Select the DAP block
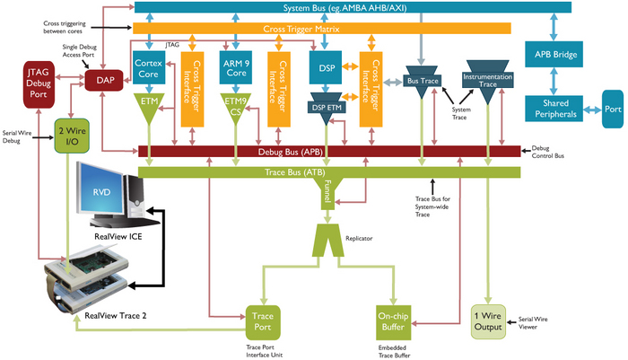pyautogui.click(x=101, y=83)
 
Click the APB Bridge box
pyautogui.click(x=553, y=55)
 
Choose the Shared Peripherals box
pyautogui.click(x=553, y=108)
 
